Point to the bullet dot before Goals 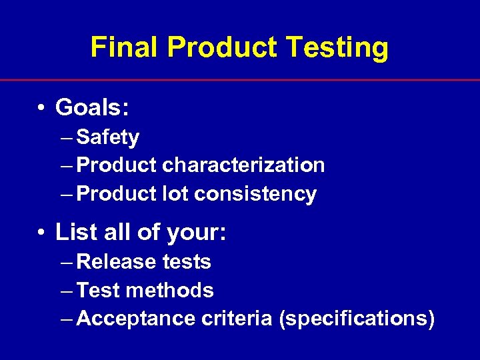pyautogui.click(x=41, y=107)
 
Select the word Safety pyautogui.click(x=108, y=137)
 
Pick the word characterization pyautogui.click(x=243, y=165)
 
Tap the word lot pyautogui.click(x=176, y=194)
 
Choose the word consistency pyautogui.click(x=255, y=194)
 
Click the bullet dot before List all pyautogui.click(x=41, y=233)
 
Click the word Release pyautogui.click(x=117, y=262)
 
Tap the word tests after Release pyautogui.click(x=187, y=262)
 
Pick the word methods pyautogui.click(x=170, y=291)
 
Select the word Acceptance pyautogui.click(x=137, y=319)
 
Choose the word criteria pyautogui.click(x=237, y=319)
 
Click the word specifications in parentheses pyautogui.click(x=357, y=319)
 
